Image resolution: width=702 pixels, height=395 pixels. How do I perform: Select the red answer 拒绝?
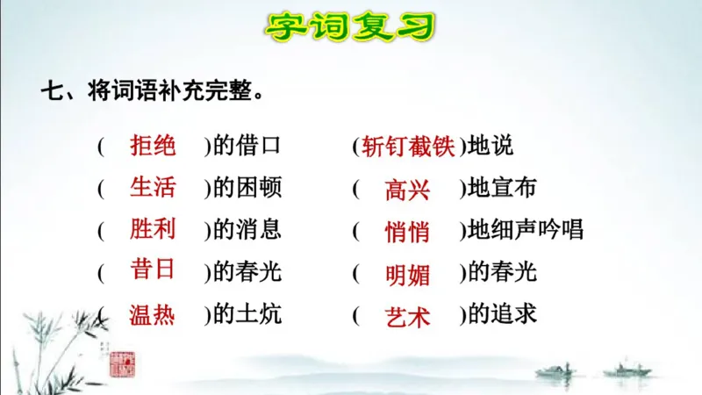coord(153,145)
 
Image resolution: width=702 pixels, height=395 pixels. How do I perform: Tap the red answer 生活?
coord(153,187)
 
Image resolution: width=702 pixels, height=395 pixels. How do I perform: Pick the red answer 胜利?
coord(153,229)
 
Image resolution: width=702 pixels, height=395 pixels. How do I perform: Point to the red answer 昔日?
coord(153,270)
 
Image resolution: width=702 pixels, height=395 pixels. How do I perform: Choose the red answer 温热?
coord(153,313)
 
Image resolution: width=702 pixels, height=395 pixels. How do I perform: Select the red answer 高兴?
coord(407,190)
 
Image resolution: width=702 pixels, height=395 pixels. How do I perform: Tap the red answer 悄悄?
coord(407,232)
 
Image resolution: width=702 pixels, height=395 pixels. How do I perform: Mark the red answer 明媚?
coord(407,274)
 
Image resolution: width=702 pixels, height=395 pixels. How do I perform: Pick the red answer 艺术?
coord(407,316)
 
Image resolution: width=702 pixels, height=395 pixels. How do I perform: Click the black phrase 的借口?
coord(247,146)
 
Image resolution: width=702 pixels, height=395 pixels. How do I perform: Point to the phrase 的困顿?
coord(247,188)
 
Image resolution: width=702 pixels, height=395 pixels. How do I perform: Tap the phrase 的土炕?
coord(247,313)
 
